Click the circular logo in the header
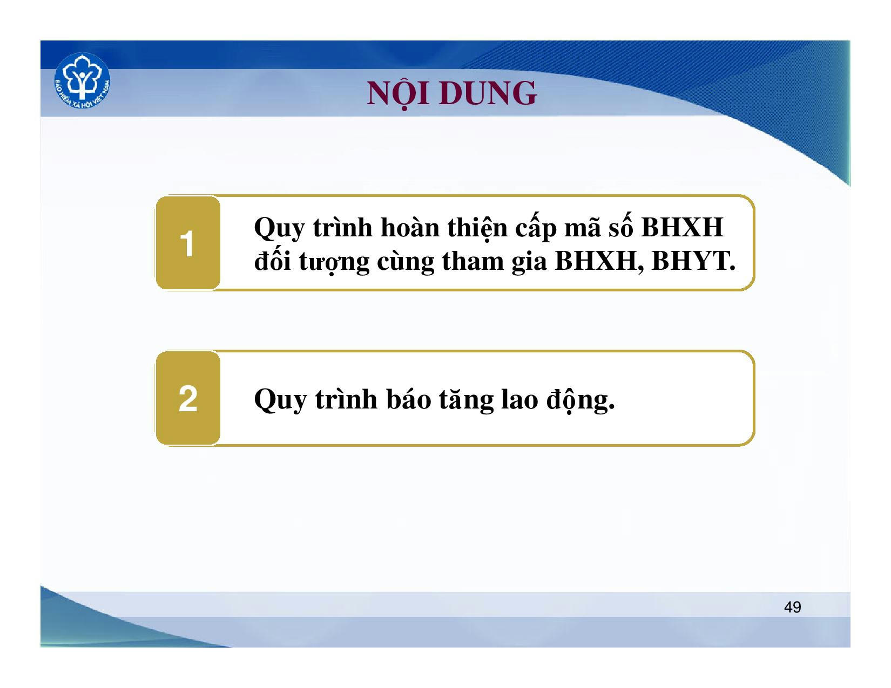pos(82,81)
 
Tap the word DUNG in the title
pos(488,93)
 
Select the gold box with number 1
pos(188,243)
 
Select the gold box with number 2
pos(188,398)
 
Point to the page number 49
pos(793,607)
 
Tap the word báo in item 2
pos(408,399)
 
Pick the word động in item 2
pos(580,400)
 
